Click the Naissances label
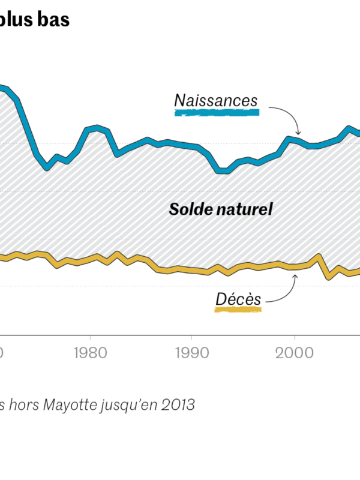tap(216, 100)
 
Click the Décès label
tap(238, 298)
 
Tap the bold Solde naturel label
tap(221, 209)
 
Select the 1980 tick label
tap(90, 352)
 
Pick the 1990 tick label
tap(191, 352)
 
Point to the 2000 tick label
tap(295, 352)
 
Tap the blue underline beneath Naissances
tap(216, 112)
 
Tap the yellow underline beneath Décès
tap(238, 310)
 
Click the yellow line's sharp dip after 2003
tap(328, 277)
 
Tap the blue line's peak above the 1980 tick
tap(98, 127)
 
